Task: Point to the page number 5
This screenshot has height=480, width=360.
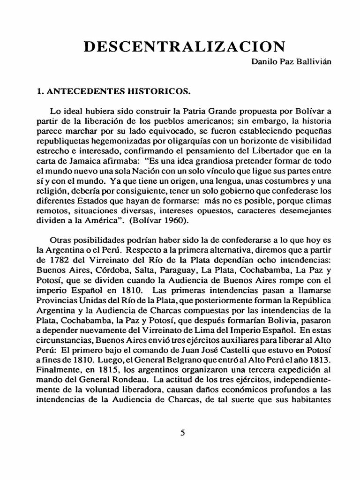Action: [x=183, y=433]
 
